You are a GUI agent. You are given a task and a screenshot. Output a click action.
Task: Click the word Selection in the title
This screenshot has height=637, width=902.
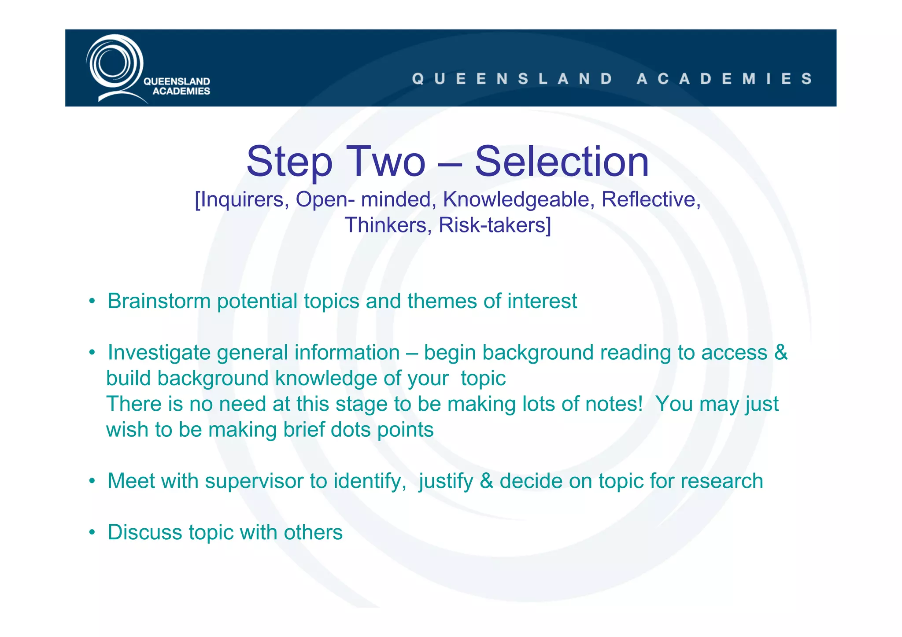(562, 162)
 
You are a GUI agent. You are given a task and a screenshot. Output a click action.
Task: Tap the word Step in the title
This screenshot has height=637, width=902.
(289, 162)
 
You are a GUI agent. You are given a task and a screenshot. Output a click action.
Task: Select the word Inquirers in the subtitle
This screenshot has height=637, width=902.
(241, 199)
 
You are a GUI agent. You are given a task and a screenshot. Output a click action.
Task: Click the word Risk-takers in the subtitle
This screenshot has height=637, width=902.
(495, 225)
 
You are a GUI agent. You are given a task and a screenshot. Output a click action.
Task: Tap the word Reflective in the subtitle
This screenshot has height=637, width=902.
(651, 199)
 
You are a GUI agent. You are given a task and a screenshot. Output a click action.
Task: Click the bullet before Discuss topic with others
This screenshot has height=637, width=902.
(92, 533)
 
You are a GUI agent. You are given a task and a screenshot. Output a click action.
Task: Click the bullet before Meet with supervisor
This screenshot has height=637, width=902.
(92, 481)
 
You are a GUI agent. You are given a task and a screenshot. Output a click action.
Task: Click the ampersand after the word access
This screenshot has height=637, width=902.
(780, 353)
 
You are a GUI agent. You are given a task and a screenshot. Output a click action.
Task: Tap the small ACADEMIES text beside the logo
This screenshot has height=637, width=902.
(181, 91)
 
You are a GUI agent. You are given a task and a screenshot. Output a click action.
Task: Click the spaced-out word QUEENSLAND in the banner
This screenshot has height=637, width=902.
(512, 79)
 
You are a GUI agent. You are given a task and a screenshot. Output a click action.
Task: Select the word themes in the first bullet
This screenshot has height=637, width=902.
(442, 302)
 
